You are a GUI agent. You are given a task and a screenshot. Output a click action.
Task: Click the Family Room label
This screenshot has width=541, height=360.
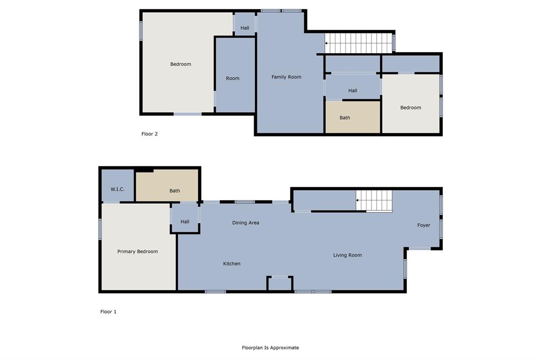[286, 77]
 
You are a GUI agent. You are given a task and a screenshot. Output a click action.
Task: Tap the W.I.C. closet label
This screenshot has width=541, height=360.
[117, 189]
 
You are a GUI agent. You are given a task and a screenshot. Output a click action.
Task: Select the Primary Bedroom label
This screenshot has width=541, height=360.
[137, 252]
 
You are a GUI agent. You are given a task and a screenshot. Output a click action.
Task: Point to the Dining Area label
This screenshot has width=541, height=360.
[246, 223]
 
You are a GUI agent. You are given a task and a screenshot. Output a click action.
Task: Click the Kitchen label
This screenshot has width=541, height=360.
[231, 263]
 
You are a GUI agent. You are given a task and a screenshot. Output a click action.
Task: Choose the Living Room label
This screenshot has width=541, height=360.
[347, 255]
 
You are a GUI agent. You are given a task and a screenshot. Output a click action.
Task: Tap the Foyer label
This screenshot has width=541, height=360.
[423, 225]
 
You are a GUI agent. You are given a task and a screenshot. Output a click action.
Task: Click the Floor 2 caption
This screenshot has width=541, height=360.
[150, 134]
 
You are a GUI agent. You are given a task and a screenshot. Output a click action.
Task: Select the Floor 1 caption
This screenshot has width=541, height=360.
[108, 312]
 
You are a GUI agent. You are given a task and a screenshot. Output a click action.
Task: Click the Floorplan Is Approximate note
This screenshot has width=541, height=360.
[270, 348]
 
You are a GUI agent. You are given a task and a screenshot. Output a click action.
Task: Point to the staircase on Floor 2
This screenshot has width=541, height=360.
[359, 43]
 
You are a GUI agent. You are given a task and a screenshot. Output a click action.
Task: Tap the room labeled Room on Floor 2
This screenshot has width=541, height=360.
[232, 78]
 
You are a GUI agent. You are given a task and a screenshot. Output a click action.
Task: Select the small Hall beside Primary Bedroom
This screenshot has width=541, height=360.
[185, 222]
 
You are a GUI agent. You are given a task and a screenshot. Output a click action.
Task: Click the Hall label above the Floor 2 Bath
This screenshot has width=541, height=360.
[352, 91]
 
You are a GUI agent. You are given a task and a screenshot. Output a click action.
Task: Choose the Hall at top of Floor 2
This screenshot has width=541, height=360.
[245, 28]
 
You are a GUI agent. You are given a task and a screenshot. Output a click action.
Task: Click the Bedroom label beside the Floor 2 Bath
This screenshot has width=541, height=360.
[411, 108]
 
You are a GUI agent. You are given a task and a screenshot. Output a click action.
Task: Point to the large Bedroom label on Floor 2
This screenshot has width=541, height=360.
[181, 64]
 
